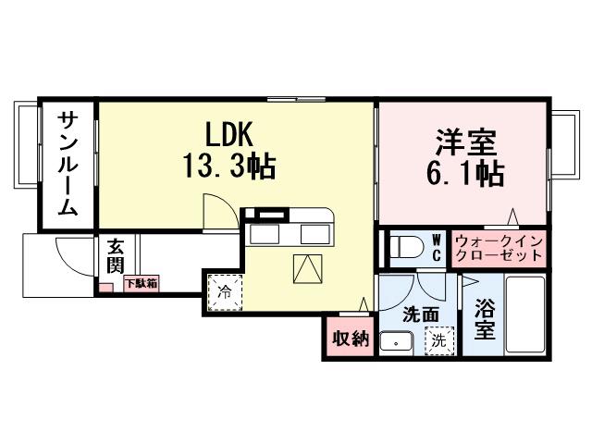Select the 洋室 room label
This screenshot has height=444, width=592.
tap(466, 142)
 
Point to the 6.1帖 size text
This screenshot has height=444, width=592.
tap(466, 174)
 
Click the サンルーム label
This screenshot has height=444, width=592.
tap(68, 164)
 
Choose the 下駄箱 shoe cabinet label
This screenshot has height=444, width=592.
tap(141, 283)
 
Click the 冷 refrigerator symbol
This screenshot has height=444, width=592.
tap(226, 290)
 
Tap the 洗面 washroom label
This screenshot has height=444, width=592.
tap(418, 314)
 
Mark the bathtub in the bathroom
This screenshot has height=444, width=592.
tap(524, 315)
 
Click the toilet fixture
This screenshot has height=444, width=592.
tap(404, 249)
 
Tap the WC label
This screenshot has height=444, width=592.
tap(436, 248)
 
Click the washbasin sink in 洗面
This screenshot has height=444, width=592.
tap(396, 341)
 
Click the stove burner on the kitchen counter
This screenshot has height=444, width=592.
tap(273, 216)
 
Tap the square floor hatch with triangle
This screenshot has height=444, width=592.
tap(306, 267)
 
